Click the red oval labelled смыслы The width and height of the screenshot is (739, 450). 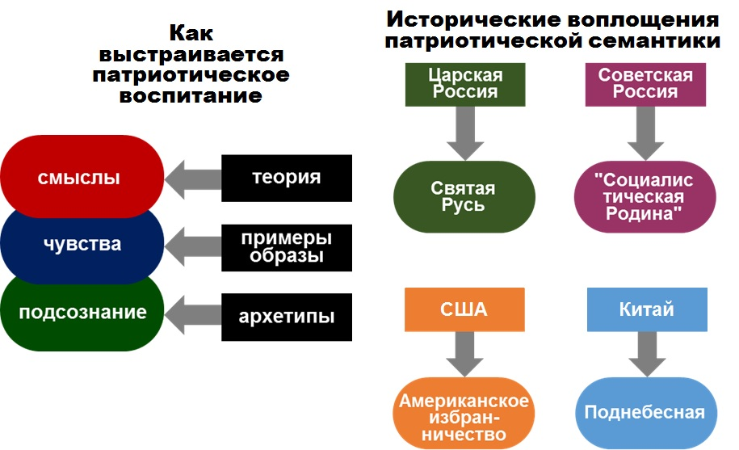click(82, 177)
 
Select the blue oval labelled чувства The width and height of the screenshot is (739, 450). click(82, 245)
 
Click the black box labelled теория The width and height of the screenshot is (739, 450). click(287, 178)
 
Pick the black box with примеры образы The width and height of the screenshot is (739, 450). click(287, 248)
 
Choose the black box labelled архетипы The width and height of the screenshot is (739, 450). click(287, 318)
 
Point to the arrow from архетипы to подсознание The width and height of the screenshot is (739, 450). click(193, 315)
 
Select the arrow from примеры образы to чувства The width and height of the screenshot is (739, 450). click(193, 246)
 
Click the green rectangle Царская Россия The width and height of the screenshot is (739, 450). click(465, 84)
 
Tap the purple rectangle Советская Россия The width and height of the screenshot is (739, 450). click(645, 84)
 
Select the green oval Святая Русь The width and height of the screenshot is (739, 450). click(464, 196)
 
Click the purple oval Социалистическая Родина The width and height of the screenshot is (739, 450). click(645, 196)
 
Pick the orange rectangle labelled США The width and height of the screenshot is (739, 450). click(464, 309)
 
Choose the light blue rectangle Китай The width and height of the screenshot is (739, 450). click(647, 309)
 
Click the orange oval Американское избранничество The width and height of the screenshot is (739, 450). click(464, 414)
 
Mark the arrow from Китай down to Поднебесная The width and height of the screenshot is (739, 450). click(647, 354)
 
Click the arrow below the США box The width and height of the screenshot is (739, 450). click(464, 354)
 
